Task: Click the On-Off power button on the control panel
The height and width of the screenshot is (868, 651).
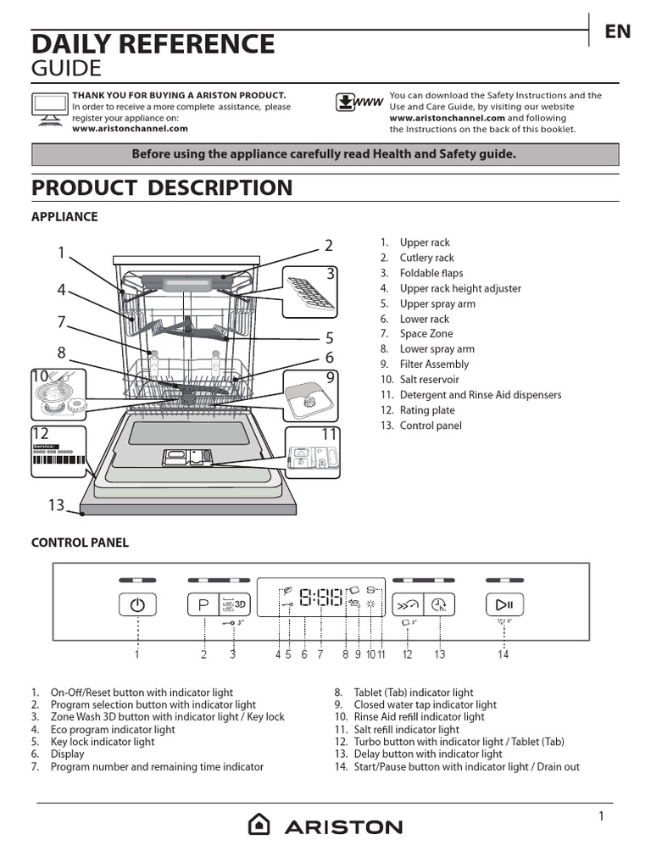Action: pyautogui.click(x=137, y=604)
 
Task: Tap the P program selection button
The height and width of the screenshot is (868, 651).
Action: pyautogui.click(x=203, y=604)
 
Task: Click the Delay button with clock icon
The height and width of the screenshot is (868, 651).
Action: pyautogui.click(x=439, y=604)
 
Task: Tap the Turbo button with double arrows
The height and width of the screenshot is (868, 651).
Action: pyautogui.click(x=408, y=604)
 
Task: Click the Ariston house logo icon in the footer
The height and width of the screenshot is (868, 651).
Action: pyautogui.click(x=259, y=825)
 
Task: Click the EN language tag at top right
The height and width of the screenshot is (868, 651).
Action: pyautogui.click(x=617, y=31)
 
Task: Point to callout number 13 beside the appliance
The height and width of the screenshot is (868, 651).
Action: pyautogui.click(x=56, y=505)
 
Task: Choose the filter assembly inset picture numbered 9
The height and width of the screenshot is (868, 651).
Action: pyautogui.click(x=309, y=395)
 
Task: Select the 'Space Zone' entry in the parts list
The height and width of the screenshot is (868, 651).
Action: pyautogui.click(x=426, y=334)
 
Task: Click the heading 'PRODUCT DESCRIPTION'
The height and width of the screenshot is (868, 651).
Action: pyautogui.click(x=162, y=187)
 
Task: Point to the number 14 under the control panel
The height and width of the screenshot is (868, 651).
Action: pyautogui.click(x=504, y=654)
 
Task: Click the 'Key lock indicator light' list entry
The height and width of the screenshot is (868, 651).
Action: pyautogui.click(x=103, y=742)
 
